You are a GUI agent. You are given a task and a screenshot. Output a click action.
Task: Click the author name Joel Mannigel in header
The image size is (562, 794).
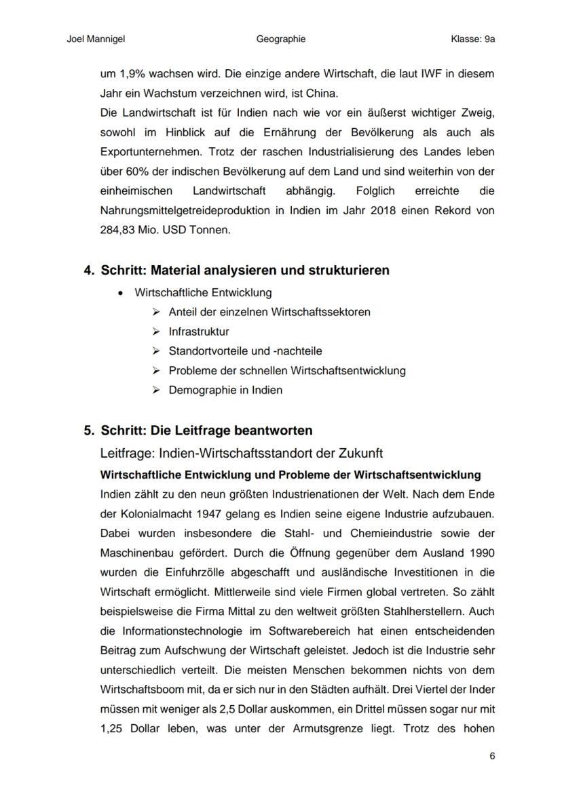click(96, 39)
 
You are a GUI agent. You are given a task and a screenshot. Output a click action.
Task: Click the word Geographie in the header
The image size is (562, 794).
click(281, 39)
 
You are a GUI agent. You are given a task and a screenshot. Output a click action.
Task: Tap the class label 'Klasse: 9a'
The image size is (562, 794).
click(472, 39)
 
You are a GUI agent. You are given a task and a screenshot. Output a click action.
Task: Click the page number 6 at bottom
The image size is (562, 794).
click(492, 756)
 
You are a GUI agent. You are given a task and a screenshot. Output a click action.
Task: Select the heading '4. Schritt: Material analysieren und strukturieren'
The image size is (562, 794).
click(236, 271)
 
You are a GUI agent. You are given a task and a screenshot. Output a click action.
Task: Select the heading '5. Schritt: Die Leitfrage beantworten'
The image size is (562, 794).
click(198, 431)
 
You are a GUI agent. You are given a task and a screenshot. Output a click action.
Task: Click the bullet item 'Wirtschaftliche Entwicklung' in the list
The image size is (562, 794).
click(203, 293)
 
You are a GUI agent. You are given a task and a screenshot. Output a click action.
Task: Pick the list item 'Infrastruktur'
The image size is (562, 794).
click(199, 332)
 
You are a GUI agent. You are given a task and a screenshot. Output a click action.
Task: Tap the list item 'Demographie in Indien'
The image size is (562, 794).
click(225, 390)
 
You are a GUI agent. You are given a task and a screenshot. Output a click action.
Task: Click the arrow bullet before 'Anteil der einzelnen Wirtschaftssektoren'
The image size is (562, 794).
click(156, 313)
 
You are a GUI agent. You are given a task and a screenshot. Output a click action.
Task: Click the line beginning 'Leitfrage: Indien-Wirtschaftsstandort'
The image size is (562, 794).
click(241, 453)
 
